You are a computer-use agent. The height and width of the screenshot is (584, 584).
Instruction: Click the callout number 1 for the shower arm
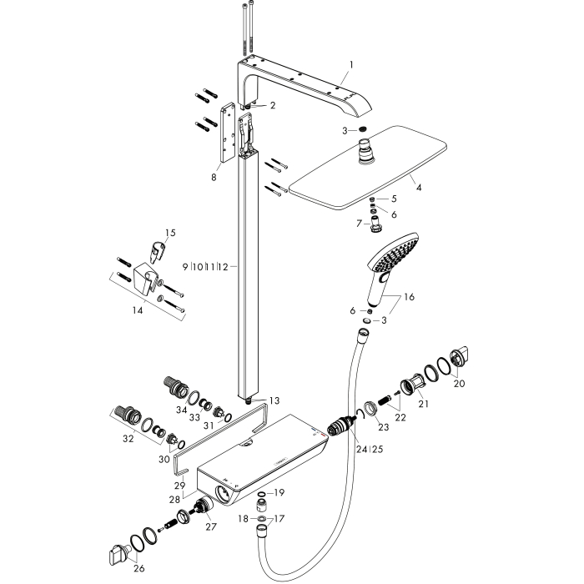click(351, 65)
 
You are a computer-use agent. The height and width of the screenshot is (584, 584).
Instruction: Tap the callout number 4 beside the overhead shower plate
click(419, 188)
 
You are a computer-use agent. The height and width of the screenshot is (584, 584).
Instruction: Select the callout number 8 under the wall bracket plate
click(214, 177)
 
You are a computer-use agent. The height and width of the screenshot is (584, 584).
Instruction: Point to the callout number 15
click(170, 233)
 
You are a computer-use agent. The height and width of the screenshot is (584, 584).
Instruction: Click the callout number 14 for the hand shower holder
click(138, 310)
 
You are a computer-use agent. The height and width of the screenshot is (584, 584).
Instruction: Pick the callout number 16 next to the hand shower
click(409, 297)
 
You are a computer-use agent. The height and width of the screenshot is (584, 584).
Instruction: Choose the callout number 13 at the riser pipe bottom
click(274, 400)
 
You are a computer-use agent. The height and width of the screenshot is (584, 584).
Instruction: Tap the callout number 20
click(460, 383)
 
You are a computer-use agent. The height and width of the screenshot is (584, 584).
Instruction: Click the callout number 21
click(424, 404)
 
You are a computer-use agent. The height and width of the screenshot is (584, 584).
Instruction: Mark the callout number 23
click(384, 427)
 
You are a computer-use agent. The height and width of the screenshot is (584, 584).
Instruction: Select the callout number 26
click(139, 568)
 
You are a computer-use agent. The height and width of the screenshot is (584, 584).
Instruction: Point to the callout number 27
click(211, 526)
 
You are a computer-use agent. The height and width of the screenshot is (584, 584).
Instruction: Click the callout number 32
click(128, 439)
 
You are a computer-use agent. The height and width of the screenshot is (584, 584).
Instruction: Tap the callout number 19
click(279, 493)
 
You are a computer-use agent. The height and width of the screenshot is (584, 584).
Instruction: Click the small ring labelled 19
click(261, 494)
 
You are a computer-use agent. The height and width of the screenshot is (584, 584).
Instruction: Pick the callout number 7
click(360, 224)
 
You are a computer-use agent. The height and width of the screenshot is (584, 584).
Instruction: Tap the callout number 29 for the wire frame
click(180, 486)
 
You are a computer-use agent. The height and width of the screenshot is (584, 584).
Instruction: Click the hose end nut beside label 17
click(262, 528)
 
